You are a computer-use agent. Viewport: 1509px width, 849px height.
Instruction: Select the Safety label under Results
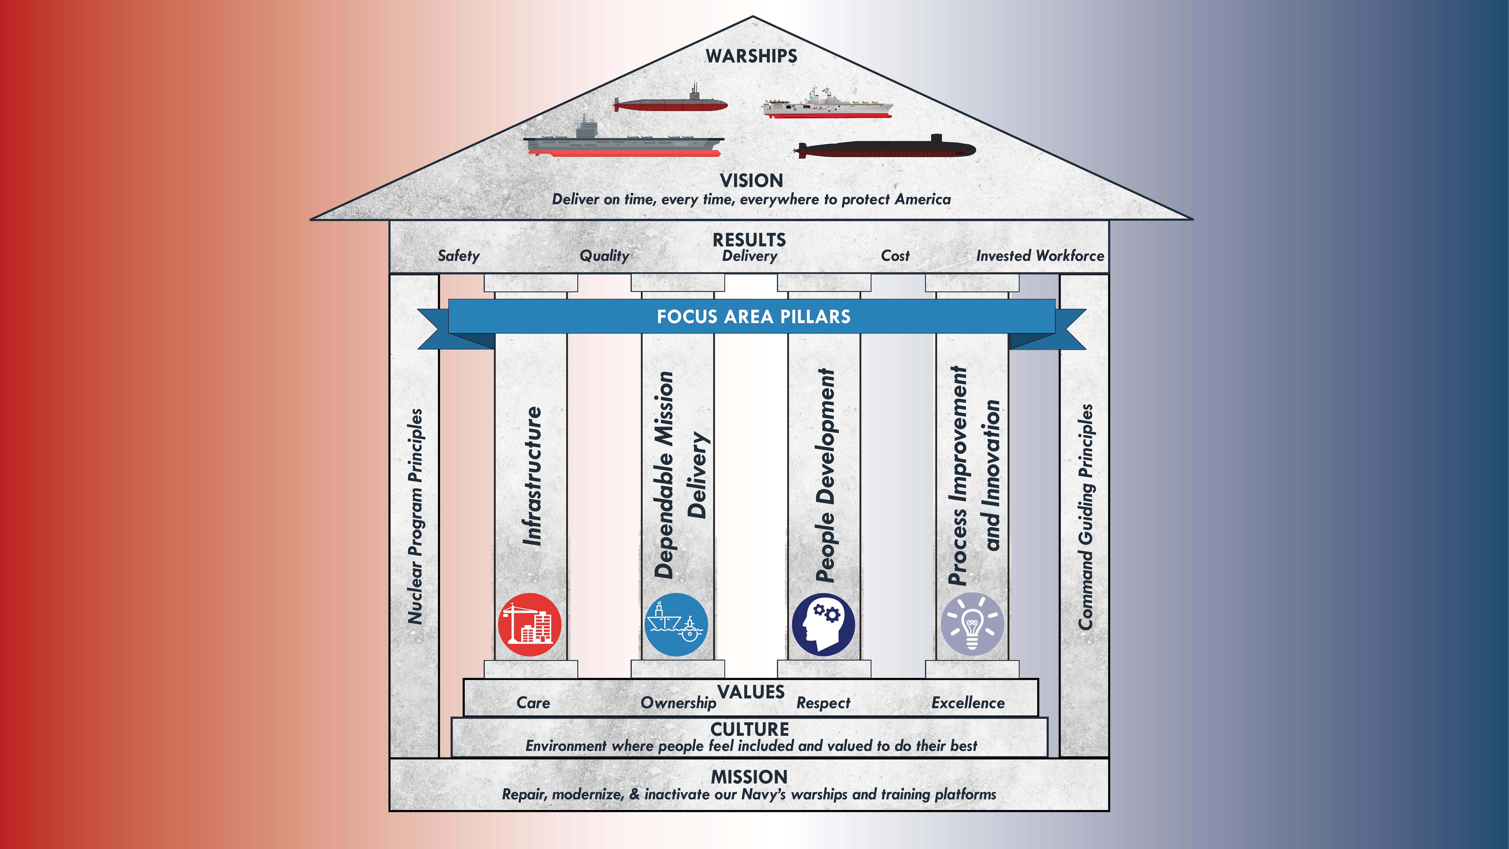tap(459, 256)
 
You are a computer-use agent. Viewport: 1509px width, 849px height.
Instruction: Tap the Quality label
tap(604, 256)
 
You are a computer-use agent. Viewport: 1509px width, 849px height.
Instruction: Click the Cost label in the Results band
tap(895, 256)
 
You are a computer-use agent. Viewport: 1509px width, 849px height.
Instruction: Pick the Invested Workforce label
tap(1040, 256)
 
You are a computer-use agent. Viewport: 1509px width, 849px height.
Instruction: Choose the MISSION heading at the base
tap(749, 777)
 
